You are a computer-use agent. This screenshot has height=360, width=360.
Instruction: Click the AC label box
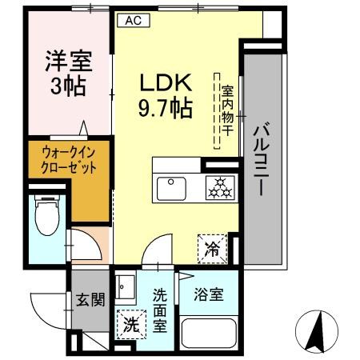133,22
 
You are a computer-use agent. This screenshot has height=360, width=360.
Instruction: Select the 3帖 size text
69,86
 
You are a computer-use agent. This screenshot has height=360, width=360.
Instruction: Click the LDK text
167,83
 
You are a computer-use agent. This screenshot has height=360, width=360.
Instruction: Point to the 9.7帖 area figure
167,107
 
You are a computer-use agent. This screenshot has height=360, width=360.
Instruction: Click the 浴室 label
210,294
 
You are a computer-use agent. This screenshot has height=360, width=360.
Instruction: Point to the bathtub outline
210,334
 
